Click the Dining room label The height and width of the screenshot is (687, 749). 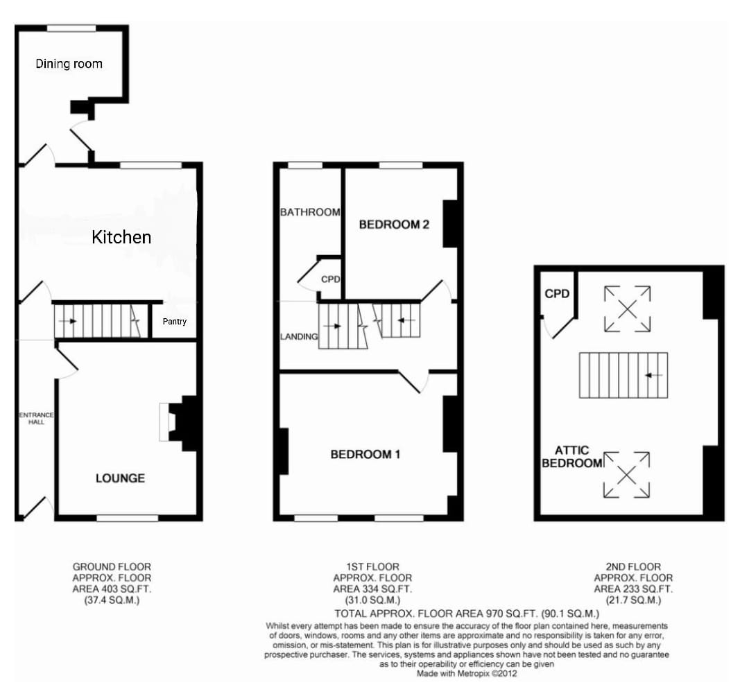69,64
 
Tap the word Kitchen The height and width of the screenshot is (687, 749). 121,237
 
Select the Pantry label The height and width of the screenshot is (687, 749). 174,321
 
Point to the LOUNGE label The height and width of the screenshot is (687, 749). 121,478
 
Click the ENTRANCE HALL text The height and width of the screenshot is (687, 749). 36,418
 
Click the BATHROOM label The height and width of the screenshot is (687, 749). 310,212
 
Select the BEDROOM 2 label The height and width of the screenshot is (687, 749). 394,224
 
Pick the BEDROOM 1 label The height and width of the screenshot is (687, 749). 365,454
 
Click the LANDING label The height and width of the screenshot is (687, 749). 299,337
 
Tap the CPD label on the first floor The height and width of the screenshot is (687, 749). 331,279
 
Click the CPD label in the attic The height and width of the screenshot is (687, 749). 557,294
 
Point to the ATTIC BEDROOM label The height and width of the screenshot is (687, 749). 571,456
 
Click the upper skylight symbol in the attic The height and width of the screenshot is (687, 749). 627,309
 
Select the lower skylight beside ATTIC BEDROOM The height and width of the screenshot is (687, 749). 627,475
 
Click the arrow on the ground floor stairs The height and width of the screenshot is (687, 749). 67,321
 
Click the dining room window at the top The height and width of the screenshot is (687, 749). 71,28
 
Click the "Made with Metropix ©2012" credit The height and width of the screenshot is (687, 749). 467,674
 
